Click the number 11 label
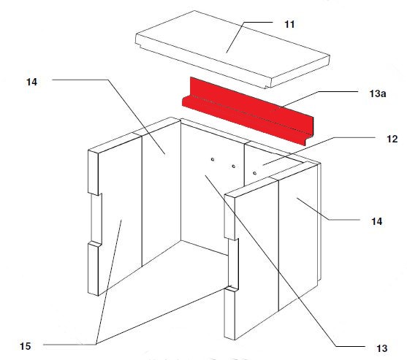point(289,24)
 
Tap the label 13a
point(378,93)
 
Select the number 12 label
point(392,139)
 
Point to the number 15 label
point(25,346)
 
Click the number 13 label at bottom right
point(382,348)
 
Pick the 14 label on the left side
point(31,82)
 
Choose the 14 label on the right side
point(376,221)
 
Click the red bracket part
point(248,112)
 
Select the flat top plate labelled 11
point(232,49)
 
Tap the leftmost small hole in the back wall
point(213,159)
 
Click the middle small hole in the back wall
point(234,166)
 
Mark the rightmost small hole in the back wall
point(254,173)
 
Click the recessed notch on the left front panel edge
point(96,218)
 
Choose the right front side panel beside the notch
point(256,259)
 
